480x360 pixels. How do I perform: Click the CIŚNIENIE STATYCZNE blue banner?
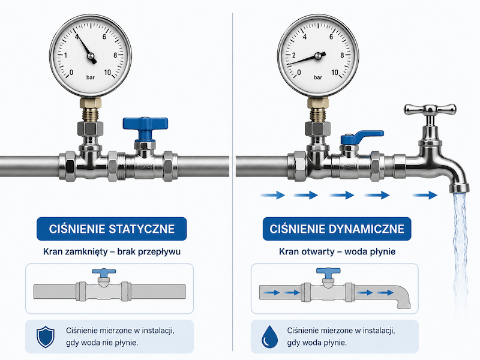112,229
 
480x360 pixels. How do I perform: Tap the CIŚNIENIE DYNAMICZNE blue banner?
337,229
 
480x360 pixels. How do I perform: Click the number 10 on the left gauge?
107,73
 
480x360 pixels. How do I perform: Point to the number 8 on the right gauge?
342,55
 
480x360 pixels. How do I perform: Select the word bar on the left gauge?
91,77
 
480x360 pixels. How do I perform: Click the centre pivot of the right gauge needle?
318,56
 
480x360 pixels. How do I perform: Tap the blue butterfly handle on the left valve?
145,127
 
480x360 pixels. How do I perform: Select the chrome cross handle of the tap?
430,109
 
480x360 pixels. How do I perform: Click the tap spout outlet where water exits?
459,188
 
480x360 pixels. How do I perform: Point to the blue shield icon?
46,337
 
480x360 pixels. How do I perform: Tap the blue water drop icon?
269,337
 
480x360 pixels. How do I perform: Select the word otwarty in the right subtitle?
318,251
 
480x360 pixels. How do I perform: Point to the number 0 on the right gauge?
299,73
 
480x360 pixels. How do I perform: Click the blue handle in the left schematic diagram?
104,274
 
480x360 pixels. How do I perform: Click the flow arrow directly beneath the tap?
425,195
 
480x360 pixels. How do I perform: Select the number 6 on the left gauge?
104,37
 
